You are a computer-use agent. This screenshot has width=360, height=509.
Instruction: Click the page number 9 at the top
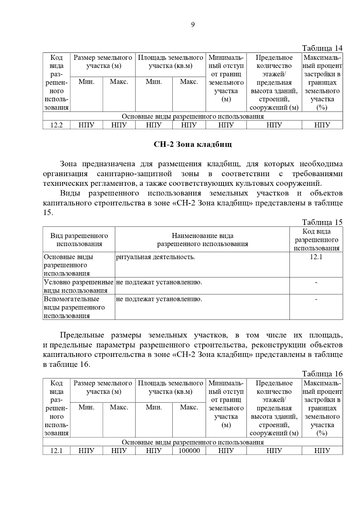193,25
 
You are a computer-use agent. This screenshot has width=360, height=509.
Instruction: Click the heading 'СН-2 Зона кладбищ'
193,145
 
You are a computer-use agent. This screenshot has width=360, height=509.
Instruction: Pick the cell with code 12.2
56,125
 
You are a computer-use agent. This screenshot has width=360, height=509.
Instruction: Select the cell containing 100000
189,451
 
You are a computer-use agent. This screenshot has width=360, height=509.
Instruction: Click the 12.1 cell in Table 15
316,257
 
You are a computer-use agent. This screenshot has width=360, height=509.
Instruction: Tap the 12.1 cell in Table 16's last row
56,451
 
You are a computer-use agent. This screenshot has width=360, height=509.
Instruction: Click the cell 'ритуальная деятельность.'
155,257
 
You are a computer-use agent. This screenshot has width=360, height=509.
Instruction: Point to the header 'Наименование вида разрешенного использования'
202,240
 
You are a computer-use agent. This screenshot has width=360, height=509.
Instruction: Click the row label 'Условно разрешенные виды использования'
79,286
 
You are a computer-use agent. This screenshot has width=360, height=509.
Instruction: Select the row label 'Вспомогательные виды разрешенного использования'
74,307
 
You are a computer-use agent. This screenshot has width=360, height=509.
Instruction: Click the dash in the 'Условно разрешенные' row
316,282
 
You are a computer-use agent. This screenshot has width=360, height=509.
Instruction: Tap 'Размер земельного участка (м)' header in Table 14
103,62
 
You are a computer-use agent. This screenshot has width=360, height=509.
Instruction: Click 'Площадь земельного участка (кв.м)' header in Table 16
170,387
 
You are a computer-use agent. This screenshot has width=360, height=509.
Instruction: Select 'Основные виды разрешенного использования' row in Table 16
193,442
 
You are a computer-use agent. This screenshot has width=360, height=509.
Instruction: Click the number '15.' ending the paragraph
48,213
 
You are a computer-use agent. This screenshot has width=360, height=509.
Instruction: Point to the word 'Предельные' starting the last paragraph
82,335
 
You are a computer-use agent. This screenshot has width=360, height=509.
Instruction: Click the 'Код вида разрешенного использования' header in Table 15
316,240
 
